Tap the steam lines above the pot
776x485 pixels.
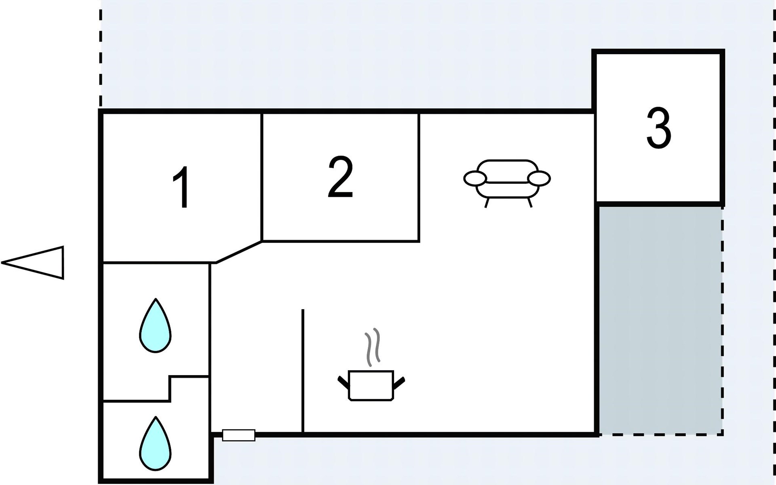coord(373,347)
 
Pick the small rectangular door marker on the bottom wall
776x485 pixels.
coord(238,435)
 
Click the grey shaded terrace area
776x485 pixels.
coord(660,319)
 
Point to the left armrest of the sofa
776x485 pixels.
coord(475,178)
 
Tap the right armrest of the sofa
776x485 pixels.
coord(539,178)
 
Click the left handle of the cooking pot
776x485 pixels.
coord(343,382)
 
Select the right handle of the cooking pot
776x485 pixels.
coord(399,382)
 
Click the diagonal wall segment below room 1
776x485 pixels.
coord(239,252)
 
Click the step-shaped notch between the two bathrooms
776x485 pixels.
coord(170,388)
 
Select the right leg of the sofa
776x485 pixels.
coord(529,202)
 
